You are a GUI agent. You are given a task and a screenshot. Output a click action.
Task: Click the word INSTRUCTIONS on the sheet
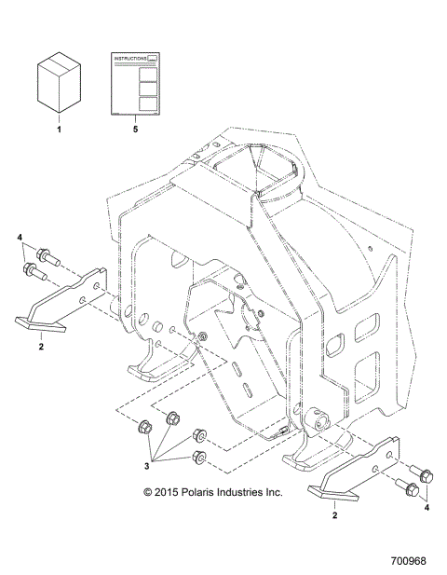[129, 58]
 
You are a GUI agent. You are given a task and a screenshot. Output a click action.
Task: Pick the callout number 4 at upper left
[19, 239]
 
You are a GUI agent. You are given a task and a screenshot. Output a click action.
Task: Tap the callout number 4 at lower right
[427, 509]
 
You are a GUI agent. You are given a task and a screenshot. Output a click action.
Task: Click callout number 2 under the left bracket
[41, 346]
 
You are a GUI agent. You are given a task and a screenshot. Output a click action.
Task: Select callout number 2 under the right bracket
[335, 512]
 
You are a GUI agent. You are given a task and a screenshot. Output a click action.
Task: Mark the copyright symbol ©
[147, 491]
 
